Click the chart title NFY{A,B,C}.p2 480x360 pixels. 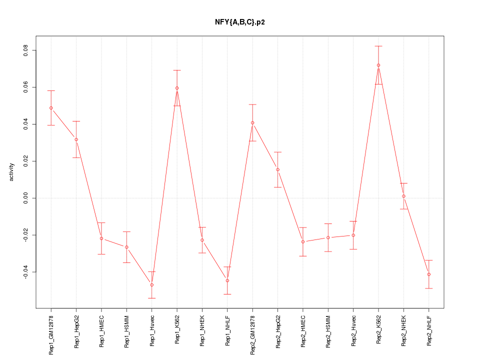click(239, 22)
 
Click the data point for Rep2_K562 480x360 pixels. click(378, 65)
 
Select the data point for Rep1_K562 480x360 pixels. click(177, 88)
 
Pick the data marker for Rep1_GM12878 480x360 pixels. click(51, 108)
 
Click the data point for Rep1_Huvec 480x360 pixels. click(151, 285)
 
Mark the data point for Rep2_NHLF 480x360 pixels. click(429, 274)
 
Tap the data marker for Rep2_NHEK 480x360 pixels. click(403, 196)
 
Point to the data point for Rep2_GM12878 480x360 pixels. click(252, 122)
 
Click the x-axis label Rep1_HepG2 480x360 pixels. click(76, 331)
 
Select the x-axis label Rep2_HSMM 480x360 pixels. click(328, 331)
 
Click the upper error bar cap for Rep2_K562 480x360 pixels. click(378, 46)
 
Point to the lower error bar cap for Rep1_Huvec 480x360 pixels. click(151, 298)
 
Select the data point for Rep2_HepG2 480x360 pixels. click(277, 169)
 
